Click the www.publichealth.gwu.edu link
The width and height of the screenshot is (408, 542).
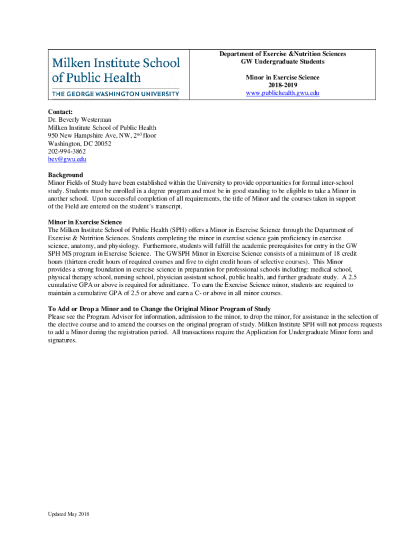click(x=282, y=93)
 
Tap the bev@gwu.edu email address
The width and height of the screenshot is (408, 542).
click(x=67, y=159)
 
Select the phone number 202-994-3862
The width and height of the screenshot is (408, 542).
click(x=67, y=151)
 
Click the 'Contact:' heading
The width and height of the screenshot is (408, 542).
click(x=60, y=112)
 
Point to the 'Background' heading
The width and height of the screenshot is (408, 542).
click(x=65, y=175)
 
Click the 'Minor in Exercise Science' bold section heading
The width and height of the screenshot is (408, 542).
click(x=85, y=222)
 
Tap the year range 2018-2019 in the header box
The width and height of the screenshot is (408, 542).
click(x=282, y=85)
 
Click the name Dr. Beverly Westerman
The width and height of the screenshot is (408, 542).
click(x=79, y=120)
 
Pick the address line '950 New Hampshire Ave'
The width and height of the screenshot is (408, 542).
click(x=90, y=135)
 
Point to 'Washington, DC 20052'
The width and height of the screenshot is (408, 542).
click(x=79, y=143)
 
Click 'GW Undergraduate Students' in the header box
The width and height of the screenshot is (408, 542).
click(x=282, y=61)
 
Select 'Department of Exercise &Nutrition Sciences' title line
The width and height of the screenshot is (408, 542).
click(x=282, y=54)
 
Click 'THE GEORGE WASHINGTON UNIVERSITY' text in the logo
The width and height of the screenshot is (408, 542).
click(x=116, y=94)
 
